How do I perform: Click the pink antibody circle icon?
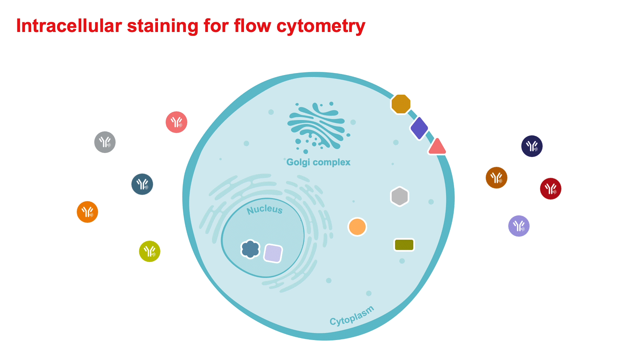176,122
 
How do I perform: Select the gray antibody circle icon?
105,142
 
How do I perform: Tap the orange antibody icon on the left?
87,212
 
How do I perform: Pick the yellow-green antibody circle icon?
150,251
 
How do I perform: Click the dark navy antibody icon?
532,146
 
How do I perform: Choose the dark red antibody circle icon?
551,189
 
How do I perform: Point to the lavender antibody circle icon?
519,226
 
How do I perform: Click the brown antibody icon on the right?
497,178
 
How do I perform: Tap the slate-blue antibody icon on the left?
142,184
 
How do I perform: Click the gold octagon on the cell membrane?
401,104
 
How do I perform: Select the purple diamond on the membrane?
419,128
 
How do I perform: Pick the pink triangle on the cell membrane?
437,147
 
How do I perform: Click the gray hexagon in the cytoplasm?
400,196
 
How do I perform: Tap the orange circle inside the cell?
357,227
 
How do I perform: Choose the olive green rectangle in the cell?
404,245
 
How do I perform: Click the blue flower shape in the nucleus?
250,249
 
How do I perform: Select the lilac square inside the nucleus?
273,253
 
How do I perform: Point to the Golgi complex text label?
318,162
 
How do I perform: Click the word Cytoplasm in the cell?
352,316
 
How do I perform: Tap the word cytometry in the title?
321,26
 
